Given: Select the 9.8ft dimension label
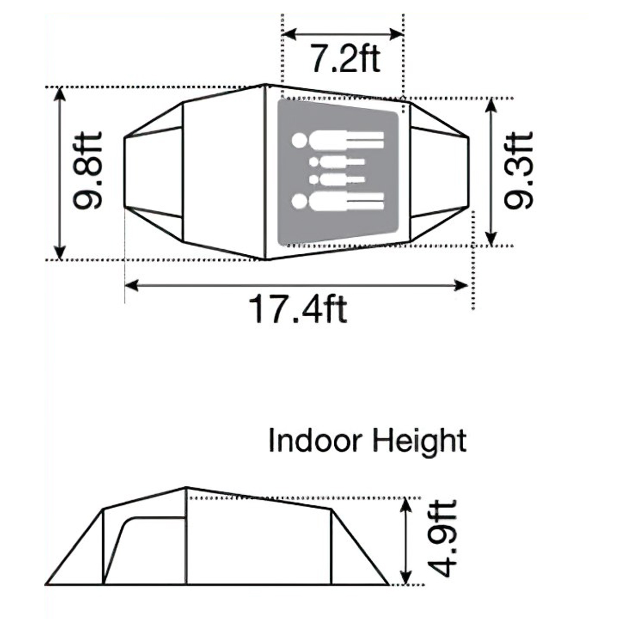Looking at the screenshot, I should click(x=88, y=170).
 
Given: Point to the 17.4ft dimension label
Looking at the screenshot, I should click(x=298, y=308).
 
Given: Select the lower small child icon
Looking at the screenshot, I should click(x=338, y=179).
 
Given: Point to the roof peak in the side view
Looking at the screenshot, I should click(x=186, y=487).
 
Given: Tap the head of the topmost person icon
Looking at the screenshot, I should click(x=299, y=140).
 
